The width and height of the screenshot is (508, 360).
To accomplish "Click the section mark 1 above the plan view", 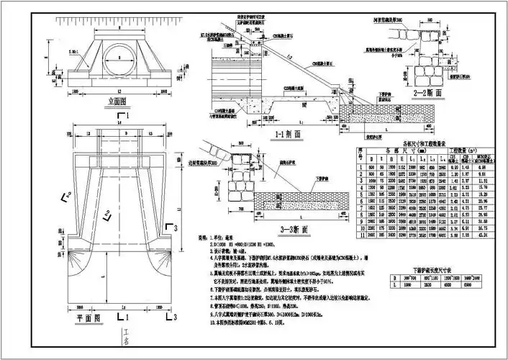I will pos(127,115).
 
